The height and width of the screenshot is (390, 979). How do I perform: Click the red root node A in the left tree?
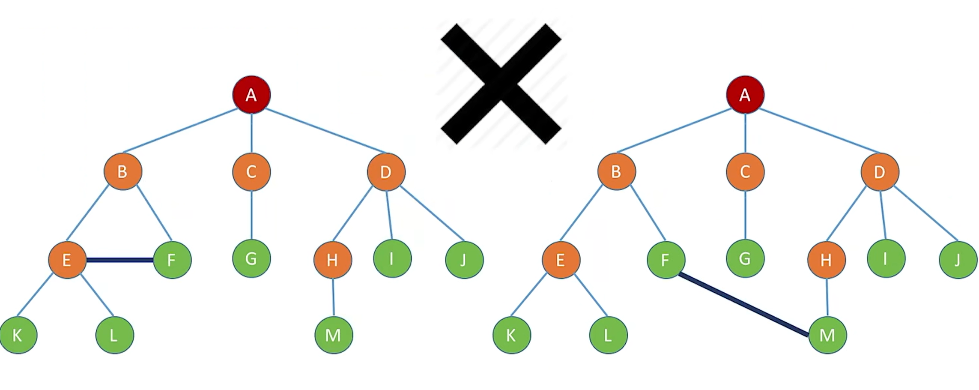[x=251, y=95]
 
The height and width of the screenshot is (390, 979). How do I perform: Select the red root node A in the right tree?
[x=745, y=95]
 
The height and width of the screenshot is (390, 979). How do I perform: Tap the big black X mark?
[x=501, y=84]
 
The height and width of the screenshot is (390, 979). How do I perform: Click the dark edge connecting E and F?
[x=120, y=260]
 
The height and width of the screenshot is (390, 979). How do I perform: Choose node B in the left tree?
[x=123, y=172]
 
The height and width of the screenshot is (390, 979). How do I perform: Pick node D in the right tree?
[x=880, y=172]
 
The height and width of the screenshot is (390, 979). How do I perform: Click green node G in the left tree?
[x=251, y=258]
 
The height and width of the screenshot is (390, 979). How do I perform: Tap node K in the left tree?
[x=18, y=335]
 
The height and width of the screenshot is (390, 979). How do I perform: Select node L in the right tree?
[x=608, y=335]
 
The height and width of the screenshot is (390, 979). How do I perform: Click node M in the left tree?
[x=334, y=335]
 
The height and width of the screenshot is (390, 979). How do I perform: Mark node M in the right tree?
[x=827, y=335]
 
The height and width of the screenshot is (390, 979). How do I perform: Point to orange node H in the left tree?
[x=333, y=260]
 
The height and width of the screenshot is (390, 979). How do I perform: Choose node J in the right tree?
[x=958, y=260]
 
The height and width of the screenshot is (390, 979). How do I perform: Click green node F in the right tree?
[x=666, y=260]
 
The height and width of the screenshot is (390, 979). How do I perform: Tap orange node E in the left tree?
[x=67, y=260]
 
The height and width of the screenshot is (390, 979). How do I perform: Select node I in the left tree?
[x=392, y=258]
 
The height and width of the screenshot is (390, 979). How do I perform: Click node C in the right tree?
[x=745, y=172]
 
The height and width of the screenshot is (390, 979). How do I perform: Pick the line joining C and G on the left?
[x=251, y=215]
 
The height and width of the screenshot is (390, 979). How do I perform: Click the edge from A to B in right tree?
[x=675, y=131]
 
